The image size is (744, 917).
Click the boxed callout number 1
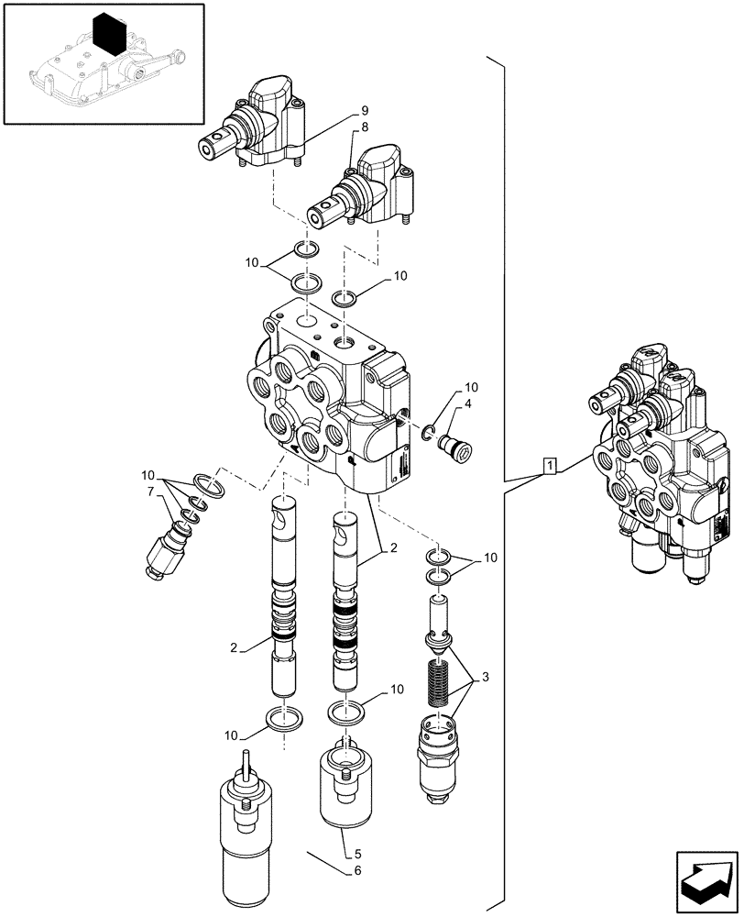click(x=549, y=466)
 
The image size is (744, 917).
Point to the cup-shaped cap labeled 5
click(x=345, y=786)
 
